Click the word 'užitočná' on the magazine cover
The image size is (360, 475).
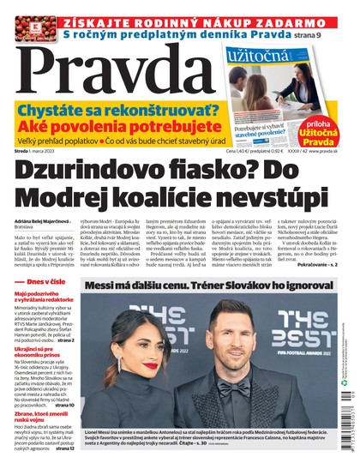255,57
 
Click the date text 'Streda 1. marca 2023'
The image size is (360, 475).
42,152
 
